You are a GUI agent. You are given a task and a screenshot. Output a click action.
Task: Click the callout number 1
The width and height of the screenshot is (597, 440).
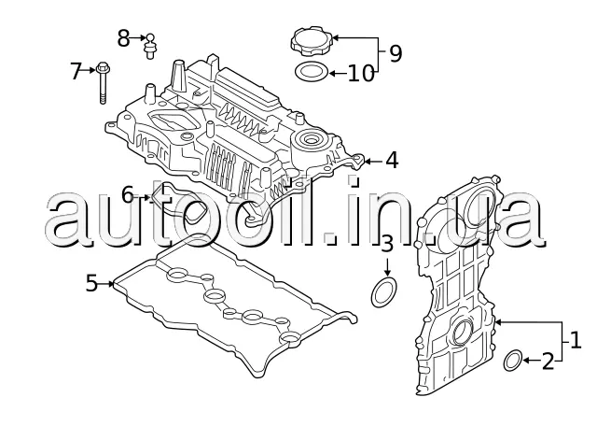click(575, 340)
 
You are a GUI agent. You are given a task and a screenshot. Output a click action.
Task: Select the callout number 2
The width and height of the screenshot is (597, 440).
click(548, 359)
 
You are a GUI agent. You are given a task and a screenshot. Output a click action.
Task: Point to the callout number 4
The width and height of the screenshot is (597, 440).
click(391, 160)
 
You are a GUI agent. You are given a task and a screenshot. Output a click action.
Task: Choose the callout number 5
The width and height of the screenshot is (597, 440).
click(91, 281)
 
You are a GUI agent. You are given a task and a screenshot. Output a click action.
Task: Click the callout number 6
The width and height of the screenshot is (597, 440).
click(128, 195)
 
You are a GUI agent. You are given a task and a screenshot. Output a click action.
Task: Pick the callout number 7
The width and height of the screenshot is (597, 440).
click(76, 70)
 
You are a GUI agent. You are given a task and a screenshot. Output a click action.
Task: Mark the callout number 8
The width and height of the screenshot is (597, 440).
click(124, 38)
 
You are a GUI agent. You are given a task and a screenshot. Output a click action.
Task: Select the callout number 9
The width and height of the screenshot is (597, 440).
click(396, 53)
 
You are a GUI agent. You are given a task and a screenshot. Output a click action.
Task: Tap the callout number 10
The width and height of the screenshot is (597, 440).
click(361, 72)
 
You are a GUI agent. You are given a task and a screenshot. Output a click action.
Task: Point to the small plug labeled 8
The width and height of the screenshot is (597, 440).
click(148, 43)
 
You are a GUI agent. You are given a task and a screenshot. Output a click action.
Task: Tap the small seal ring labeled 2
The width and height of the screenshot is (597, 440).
click(512, 360)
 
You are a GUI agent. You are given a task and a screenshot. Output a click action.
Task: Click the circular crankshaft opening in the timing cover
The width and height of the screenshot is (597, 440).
click(463, 334)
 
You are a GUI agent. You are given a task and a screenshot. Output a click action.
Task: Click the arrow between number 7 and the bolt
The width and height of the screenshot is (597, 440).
click(89, 70)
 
